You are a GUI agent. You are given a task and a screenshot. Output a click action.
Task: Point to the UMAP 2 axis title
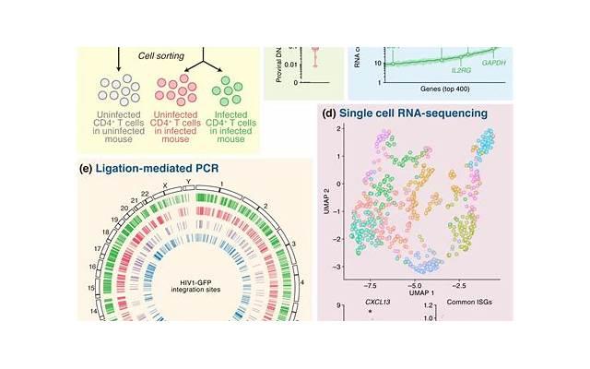pos(326,197)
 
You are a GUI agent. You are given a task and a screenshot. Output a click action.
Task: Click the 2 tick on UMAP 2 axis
pos(340,130)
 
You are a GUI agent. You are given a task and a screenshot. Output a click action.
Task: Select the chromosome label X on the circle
pos(164,185)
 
